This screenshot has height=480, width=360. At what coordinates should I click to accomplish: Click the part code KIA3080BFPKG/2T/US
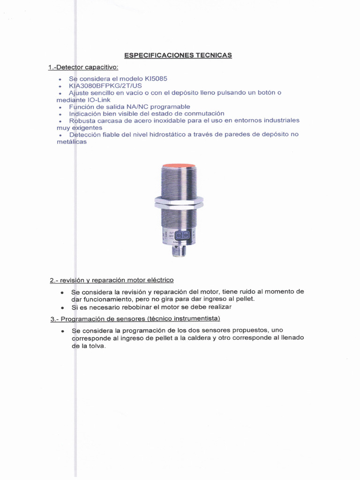coord(105,86)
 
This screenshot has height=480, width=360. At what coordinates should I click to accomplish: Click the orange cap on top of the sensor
coord(179,166)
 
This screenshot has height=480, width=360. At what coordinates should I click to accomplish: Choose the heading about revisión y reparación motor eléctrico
coord(112,280)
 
